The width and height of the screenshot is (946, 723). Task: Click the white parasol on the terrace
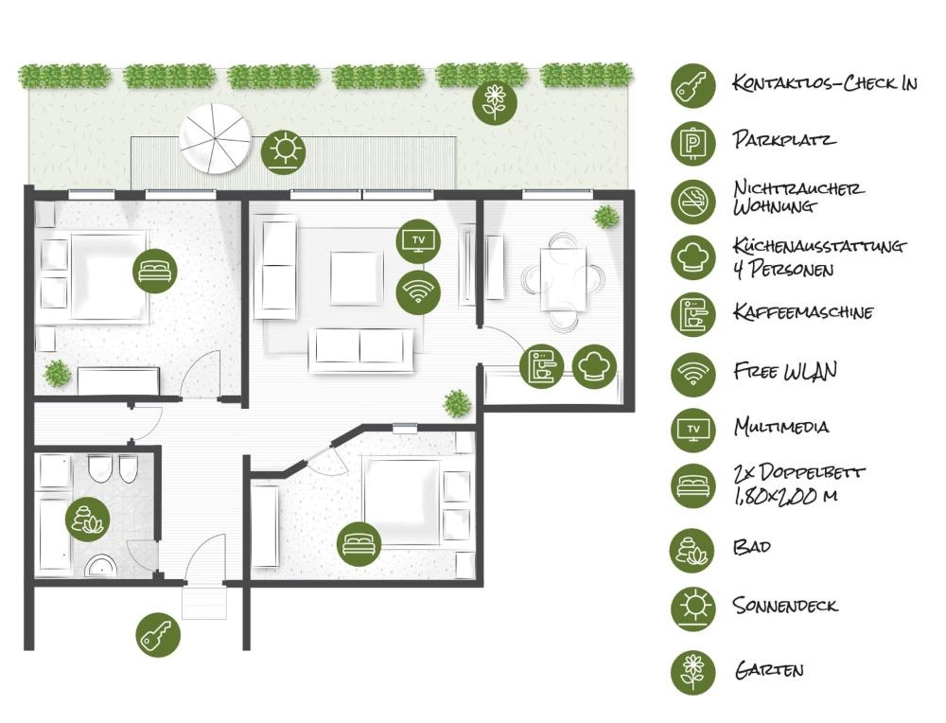[x=216, y=139]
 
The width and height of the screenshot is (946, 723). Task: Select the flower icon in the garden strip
[x=495, y=101]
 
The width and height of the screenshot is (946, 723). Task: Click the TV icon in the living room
[x=418, y=240]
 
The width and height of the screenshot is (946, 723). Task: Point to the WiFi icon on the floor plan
[x=418, y=292]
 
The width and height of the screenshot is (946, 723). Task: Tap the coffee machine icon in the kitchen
[x=542, y=365]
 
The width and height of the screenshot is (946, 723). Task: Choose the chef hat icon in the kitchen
[x=594, y=365]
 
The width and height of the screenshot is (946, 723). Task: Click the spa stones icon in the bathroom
[x=88, y=520]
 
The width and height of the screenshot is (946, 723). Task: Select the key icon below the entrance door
[x=158, y=636]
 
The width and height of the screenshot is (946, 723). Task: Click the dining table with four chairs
[x=563, y=279]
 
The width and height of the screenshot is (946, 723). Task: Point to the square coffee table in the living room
[x=357, y=277]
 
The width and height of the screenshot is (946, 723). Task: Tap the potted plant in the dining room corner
[x=605, y=217]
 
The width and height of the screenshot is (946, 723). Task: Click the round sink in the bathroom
[x=101, y=567]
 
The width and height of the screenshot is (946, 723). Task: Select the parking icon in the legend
[x=693, y=143]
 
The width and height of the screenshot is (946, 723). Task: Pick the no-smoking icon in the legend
[x=693, y=201]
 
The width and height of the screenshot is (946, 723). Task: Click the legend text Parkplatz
[x=784, y=140]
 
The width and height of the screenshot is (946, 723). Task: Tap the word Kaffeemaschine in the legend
[x=803, y=312]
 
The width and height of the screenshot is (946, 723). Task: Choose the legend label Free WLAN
[x=785, y=371]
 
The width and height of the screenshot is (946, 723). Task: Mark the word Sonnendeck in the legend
[x=785, y=605]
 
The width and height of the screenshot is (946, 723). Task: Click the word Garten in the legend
[x=768, y=670]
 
